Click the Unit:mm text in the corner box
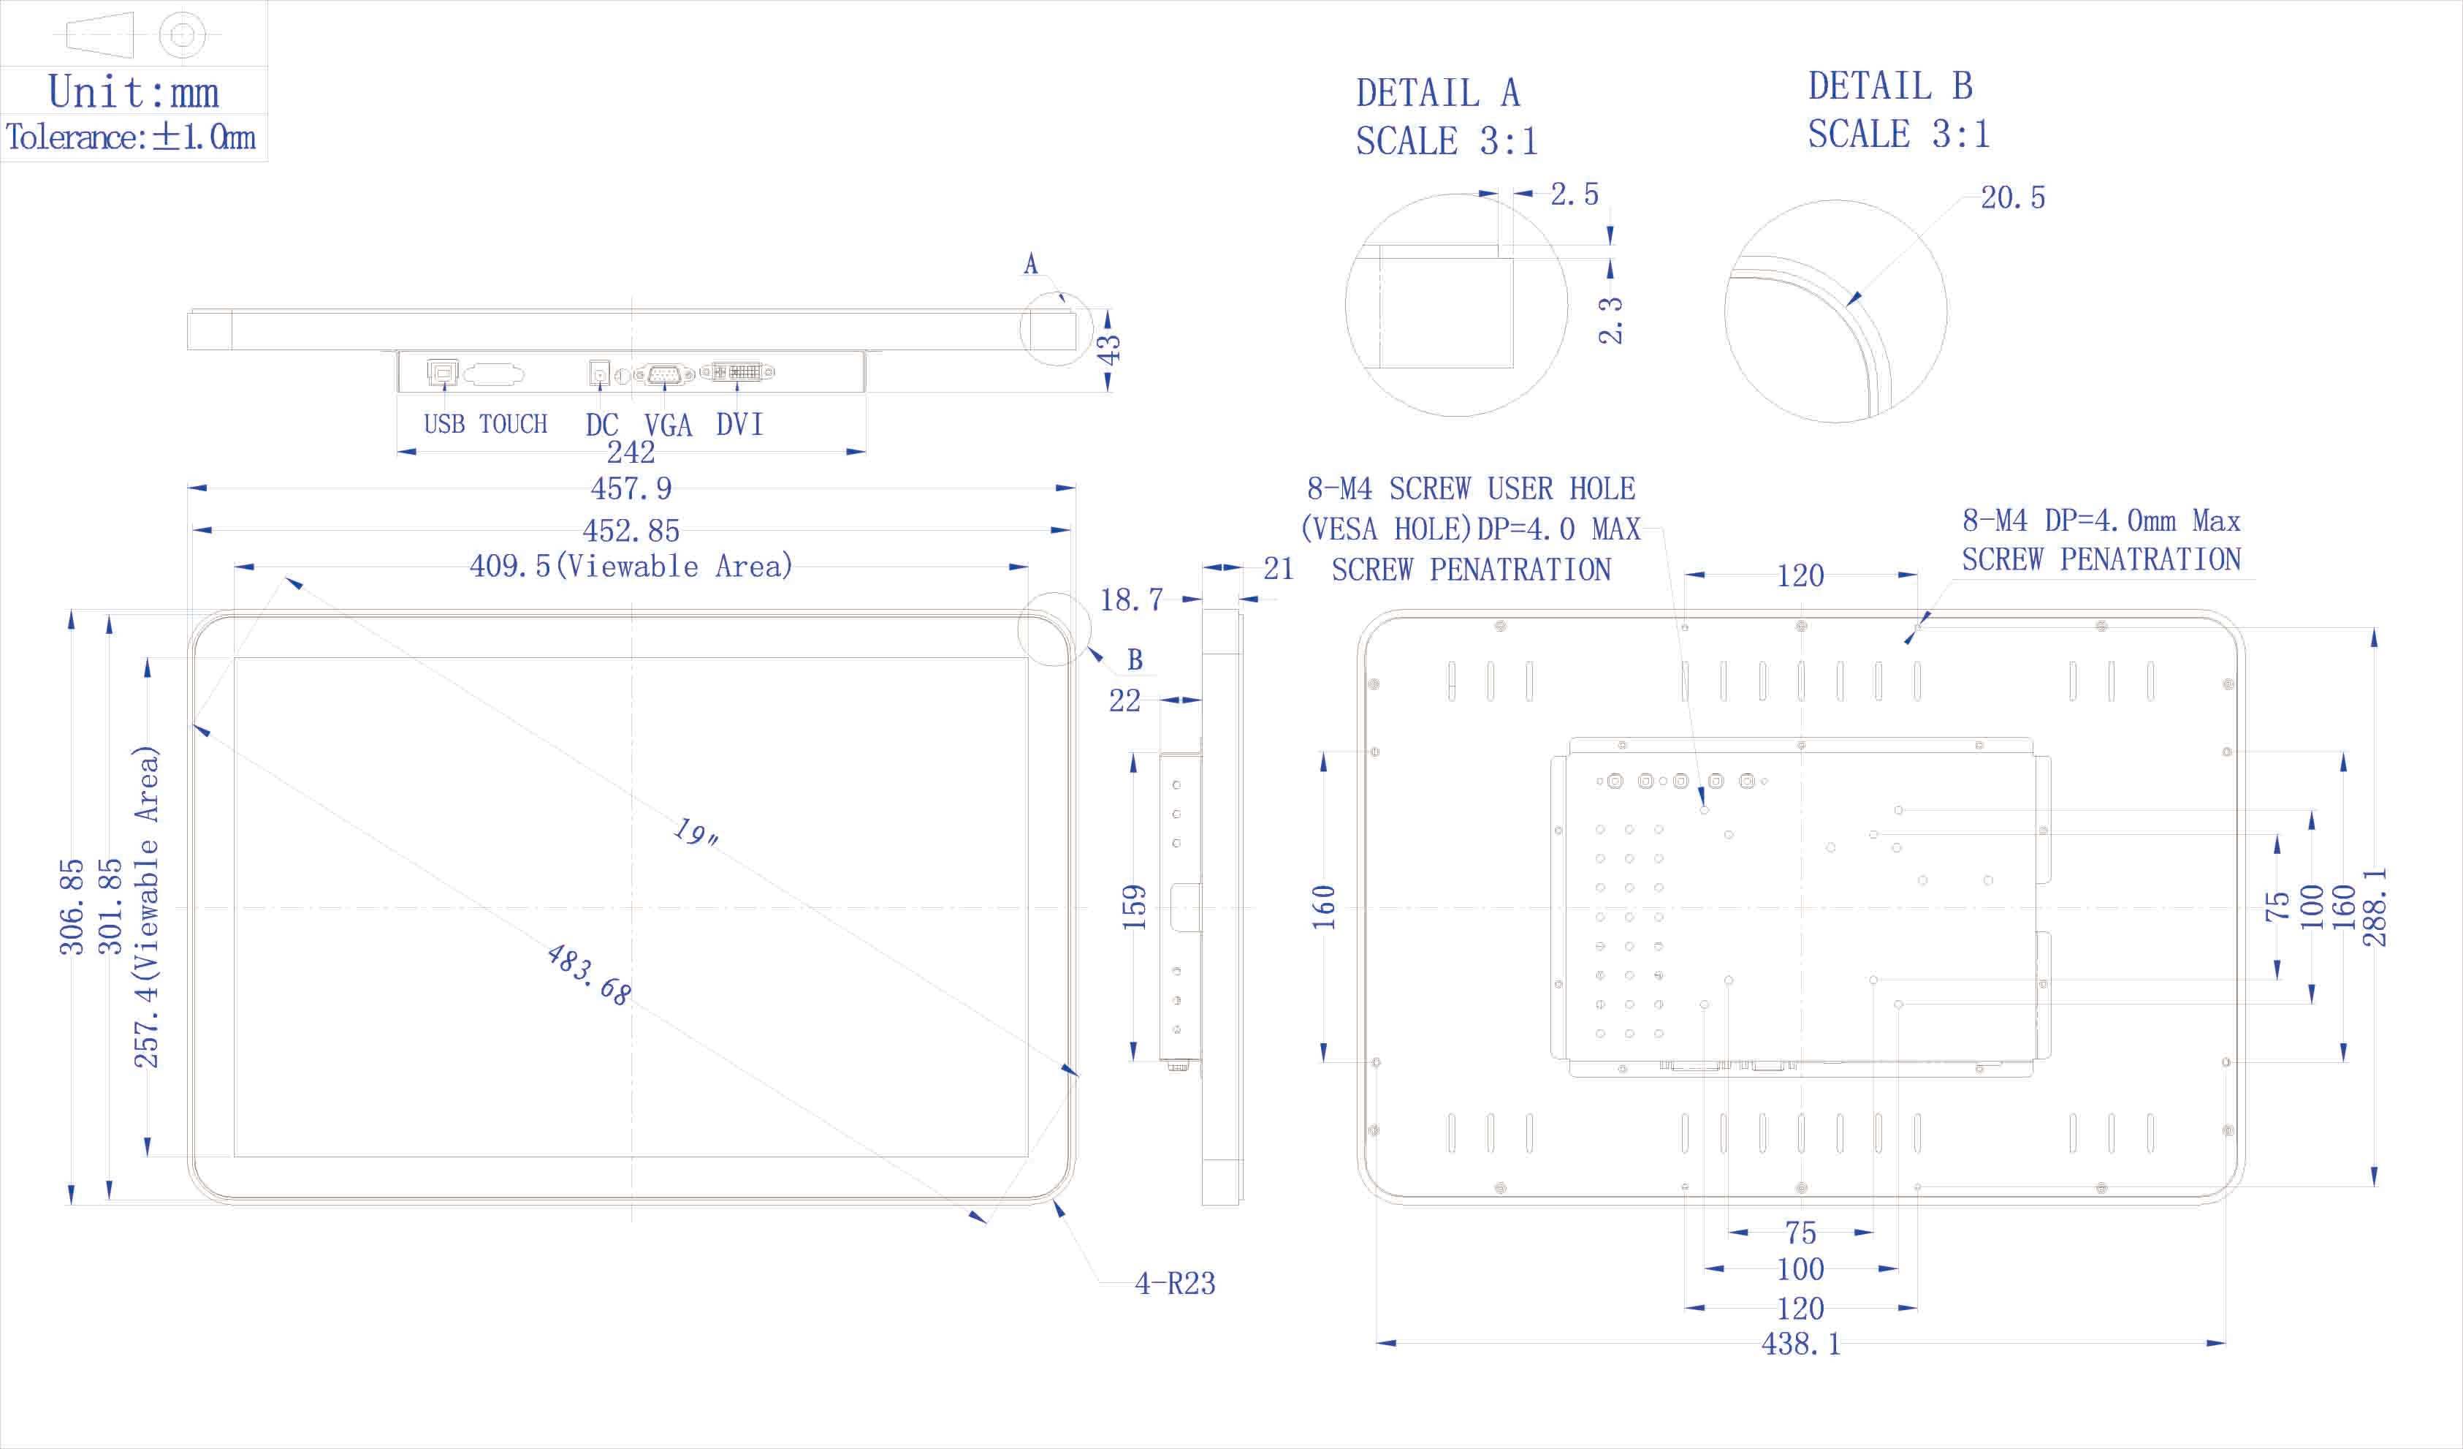[133, 92]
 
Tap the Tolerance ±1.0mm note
[131, 137]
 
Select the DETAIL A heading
[1436, 94]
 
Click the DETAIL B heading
[1889, 86]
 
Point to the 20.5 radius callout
[2011, 197]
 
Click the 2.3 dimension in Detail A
[1610, 321]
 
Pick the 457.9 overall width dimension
[631, 488]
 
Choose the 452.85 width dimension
[631, 530]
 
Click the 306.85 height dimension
[72, 907]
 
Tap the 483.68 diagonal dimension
[588, 974]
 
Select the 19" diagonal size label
[696, 833]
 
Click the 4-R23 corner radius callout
[1174, 1283]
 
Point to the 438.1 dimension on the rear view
[1800, 1344]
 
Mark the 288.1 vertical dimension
[2374, 907]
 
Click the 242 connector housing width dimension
[631, 453]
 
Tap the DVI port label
[739, 424]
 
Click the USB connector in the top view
[442, 373]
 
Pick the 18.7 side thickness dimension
[1131, 599]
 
